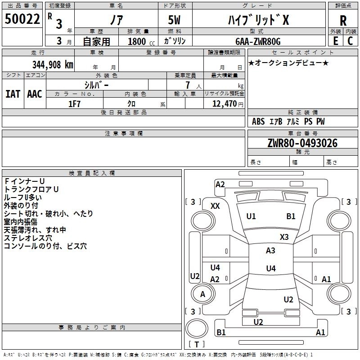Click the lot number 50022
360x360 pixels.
(22, 19)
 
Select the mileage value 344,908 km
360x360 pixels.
(53, 65)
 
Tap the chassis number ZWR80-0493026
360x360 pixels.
(302, 143)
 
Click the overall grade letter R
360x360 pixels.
(343, 21)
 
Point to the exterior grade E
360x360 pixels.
(336, 41)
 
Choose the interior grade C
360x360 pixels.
(350, 41)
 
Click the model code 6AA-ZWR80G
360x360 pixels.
(258, 41)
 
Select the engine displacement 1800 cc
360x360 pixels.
(141, 41)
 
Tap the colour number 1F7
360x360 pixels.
(74, 104)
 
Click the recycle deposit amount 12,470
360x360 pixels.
(225, 104)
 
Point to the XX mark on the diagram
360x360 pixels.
(215, 206)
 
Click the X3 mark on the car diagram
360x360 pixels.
(284, 237)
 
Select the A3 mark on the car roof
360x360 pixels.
(270, 251)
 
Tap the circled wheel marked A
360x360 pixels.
(203, 294)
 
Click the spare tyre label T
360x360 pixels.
(197, 344)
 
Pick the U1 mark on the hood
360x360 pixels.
(251, 216)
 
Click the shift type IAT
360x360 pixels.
(13, 94)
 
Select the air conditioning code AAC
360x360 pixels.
(35, 94)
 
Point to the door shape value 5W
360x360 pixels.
(174, 20)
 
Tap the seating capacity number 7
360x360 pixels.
(188, 85)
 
